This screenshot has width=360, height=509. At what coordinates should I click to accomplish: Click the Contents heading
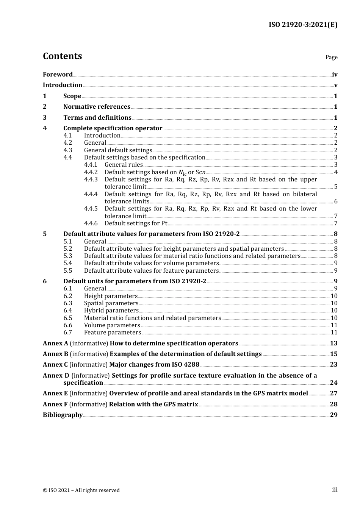[62, 56]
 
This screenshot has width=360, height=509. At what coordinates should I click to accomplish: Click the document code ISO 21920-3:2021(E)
[303, 25]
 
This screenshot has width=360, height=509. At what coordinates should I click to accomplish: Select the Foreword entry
[58, 75]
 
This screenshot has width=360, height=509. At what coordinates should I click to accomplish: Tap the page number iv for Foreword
[334, 75]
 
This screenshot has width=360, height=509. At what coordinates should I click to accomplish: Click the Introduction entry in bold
[63, 85]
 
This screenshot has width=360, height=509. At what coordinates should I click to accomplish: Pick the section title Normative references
[97, 107]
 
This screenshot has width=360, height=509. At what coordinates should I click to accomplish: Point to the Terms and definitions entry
[97, 118]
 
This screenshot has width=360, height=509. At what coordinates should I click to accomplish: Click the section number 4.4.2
[91, 172]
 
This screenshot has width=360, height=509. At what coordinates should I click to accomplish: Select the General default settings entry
[118, 150]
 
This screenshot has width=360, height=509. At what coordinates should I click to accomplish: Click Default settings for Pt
[136, 223]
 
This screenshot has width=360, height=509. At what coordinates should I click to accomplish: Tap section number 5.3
[68, 256]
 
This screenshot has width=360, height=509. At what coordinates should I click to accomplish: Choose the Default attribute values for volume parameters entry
[151, 263]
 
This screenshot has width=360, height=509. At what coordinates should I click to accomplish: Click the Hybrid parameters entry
[111, 311]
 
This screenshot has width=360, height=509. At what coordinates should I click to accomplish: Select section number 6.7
[68, 333]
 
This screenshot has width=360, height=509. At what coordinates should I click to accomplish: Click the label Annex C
[55, 365]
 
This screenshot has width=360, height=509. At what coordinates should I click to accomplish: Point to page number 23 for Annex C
[333, 365]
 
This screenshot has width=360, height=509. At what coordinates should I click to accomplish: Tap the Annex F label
[55, 404]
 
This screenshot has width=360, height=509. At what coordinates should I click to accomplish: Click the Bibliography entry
[63, 415]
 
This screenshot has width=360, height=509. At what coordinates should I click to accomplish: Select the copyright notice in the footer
[81, 490]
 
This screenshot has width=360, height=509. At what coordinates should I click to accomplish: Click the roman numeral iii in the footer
[335, 490]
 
